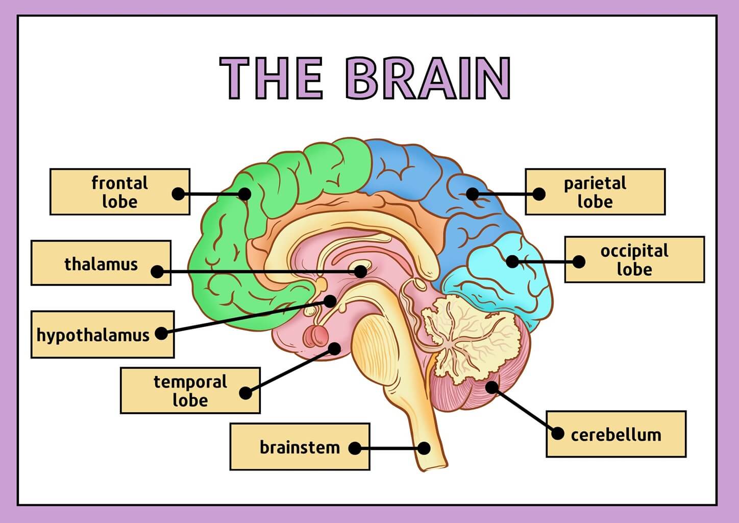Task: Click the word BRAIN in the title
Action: click(x=428, y=78)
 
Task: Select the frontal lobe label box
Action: click(x=119, y=192)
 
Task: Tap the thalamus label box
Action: click(x=101, y=263)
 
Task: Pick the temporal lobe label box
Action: click(x=190, y=390)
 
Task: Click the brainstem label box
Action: click(x=300, y=446)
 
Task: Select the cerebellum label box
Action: click(x=616, y=434)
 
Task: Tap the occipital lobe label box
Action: click(x=634, y=259)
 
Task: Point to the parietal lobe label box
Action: click(x=595, y=192)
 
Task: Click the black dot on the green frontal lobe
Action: click(x=245, y=194)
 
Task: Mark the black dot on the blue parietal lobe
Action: click(x=473, y=194)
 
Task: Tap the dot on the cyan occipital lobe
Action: click(x=512, y=261)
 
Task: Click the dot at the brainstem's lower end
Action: click(x=424, y=448)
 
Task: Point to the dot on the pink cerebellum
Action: click(x=491, y=387)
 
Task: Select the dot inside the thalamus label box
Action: click(x=158, y=272)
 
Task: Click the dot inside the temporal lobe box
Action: click(x=246, y=393)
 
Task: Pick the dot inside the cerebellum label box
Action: click(x=558, y=434)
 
